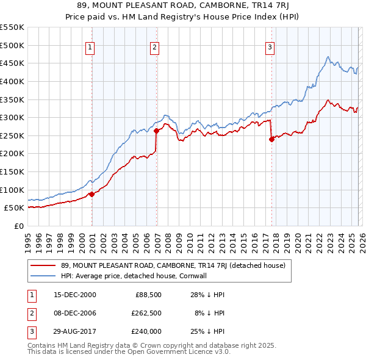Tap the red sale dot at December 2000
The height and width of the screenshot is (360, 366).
click(91, 194)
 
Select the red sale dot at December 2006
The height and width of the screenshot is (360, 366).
click(156, 131)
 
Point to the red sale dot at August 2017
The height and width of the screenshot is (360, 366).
click(271, 139)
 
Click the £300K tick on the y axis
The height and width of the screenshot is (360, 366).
click(12, 117)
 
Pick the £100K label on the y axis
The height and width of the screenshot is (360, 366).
click(12, 190)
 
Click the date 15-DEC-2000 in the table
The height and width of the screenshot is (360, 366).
click(75, 295)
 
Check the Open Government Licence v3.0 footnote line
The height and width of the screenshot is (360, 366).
click(129, 351)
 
